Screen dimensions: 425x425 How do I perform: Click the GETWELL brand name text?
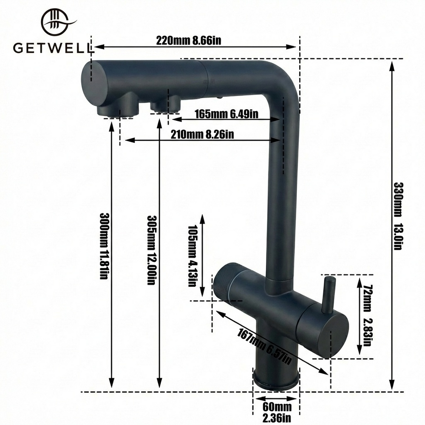[x=52, y=48]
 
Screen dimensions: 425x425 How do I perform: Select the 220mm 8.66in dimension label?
[x=188, y=40]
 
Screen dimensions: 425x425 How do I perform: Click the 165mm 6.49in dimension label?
[x=227, y=114]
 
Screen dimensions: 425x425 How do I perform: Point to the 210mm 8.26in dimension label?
[x=202, y=134]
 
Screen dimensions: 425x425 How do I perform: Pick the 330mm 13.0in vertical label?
[x=398, y=216]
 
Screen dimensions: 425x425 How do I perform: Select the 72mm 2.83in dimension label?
[x=367, y=315]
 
